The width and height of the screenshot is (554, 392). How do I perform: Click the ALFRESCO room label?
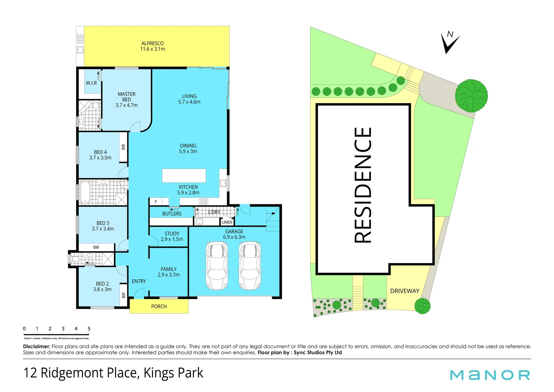coord(152,43)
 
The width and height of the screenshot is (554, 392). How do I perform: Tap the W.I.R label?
coord(91,83)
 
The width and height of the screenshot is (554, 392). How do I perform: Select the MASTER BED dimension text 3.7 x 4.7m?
coord(126,105)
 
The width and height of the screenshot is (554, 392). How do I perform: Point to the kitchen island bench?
coord(184,176)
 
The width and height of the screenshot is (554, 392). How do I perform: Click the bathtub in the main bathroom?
coord(85,192)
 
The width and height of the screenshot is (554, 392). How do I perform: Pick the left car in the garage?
coord(217,266)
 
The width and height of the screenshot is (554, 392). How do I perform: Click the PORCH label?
coord(159,307)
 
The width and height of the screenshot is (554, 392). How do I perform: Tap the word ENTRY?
coord(139,281)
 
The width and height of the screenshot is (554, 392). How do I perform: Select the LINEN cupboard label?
coord(227,222)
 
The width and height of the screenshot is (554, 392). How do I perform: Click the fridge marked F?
coord(156,202)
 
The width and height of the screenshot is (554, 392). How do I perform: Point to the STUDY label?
coord(172,234)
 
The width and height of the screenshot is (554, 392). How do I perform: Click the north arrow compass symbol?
coord(450,42)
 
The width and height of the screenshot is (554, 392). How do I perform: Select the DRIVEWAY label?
coord(405,291)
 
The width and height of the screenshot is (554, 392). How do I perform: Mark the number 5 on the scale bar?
coord(89,329)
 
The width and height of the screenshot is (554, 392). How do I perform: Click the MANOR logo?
coord(490,375)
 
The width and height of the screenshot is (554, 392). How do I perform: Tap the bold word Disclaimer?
coord(36,347)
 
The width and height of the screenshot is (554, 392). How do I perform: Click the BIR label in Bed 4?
coord(123,147)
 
